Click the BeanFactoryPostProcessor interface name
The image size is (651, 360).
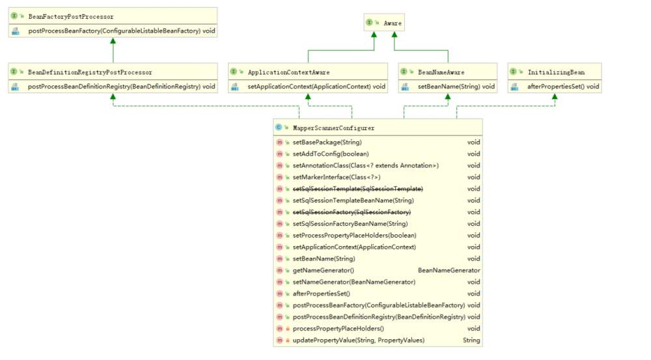70,17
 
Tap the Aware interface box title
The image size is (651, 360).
393,23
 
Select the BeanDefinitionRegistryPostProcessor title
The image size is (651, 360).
90,72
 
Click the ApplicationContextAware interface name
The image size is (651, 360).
288,72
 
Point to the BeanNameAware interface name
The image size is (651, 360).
441,72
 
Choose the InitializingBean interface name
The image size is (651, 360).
556,72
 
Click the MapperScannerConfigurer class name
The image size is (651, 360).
333,128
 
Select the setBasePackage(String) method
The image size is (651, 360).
327,143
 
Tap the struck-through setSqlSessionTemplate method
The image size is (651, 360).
358,189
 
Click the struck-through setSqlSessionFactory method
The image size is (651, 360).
352,212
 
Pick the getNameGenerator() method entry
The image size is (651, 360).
324,270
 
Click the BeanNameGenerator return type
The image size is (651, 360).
449,270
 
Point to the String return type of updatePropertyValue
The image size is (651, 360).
471,340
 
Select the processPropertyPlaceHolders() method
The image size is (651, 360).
339,329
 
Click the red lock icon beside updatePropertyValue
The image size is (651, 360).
287,340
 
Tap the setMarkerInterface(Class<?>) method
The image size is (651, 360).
337,177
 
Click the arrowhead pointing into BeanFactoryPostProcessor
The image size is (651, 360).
113,40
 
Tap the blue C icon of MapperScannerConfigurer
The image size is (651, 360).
279,128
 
